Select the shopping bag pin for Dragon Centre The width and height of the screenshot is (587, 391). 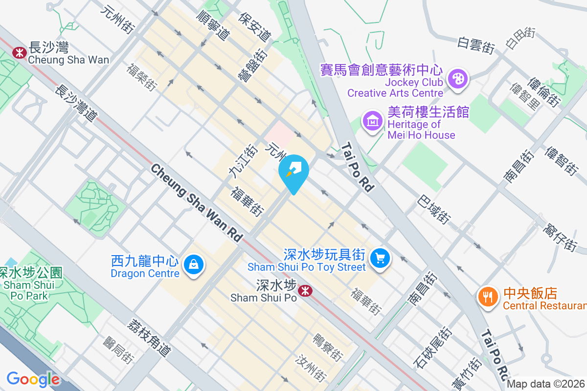point(194,265)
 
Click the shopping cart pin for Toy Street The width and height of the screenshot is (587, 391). point(380,257)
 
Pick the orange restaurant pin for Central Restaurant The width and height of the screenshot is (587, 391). point(487,296)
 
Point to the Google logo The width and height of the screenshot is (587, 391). point(33,379)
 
